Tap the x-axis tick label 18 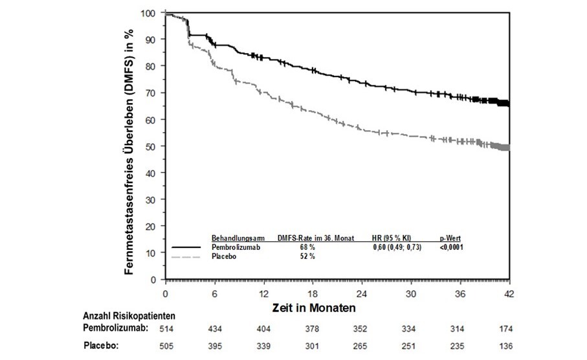(312, 293)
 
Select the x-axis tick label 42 (509, 293)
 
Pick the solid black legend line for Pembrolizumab (188, 247)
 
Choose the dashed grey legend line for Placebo (188, 256)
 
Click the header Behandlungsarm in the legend (235, 238)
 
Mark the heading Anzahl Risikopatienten (129, 316)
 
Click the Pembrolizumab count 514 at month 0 (167, 328)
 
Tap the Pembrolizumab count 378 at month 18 (312, 328)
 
